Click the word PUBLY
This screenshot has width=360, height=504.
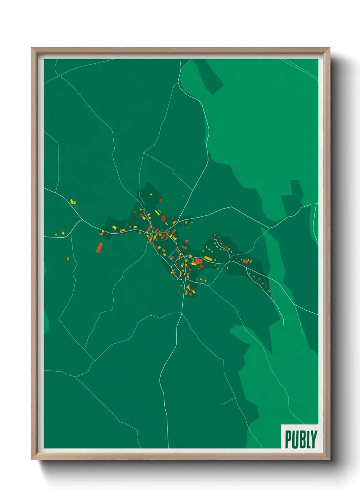pos(301,439)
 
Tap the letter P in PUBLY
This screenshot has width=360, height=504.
pos(288,439)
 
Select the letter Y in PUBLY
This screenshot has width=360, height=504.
pos(314,439)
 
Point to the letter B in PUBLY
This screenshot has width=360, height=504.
pos(301,439)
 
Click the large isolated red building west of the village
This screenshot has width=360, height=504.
pos(99,248)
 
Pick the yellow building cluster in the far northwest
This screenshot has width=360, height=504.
pos(72,202)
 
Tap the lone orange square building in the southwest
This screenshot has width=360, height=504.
pos(68,259)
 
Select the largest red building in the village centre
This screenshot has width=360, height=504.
pos(198,261)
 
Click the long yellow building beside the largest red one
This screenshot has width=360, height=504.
pos(208,258)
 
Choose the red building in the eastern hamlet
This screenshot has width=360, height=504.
pos(245,261)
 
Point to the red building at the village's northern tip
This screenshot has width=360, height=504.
pos(161,200)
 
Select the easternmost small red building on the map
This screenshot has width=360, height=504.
pos(273,296)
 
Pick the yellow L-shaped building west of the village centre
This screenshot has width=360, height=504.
pos(114,227)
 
